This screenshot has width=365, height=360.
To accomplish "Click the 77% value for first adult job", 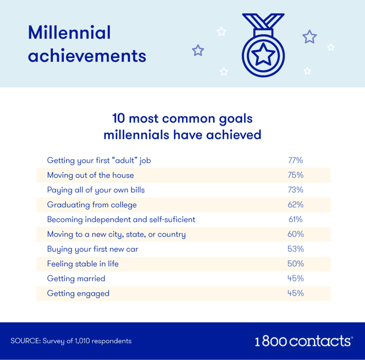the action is click(295, 160).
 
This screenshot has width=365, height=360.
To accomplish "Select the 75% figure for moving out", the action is click(295, 175).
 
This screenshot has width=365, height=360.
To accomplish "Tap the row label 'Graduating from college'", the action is click(92, 205).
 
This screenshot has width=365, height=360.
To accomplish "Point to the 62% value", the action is click(295, 205).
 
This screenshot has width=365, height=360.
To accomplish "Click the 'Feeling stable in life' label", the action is click(83, 264).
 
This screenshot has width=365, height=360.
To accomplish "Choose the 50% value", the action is click(295, 264).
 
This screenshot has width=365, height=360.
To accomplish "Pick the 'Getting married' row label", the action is click(76, 279).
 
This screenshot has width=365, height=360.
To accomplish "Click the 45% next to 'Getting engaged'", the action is click(295, 293).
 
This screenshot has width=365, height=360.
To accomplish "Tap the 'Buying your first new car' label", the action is click(93, 249).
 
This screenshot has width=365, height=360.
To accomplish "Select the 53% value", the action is click(295, 249).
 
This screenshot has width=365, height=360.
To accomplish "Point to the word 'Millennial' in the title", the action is click(69, 32).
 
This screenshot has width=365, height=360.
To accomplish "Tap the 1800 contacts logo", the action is click(304, 341).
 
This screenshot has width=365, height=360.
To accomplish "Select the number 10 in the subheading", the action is click(119, 118).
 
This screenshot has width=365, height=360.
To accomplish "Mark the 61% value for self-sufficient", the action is click(295, 220).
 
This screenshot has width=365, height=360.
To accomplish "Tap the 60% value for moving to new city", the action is click(295, 234).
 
